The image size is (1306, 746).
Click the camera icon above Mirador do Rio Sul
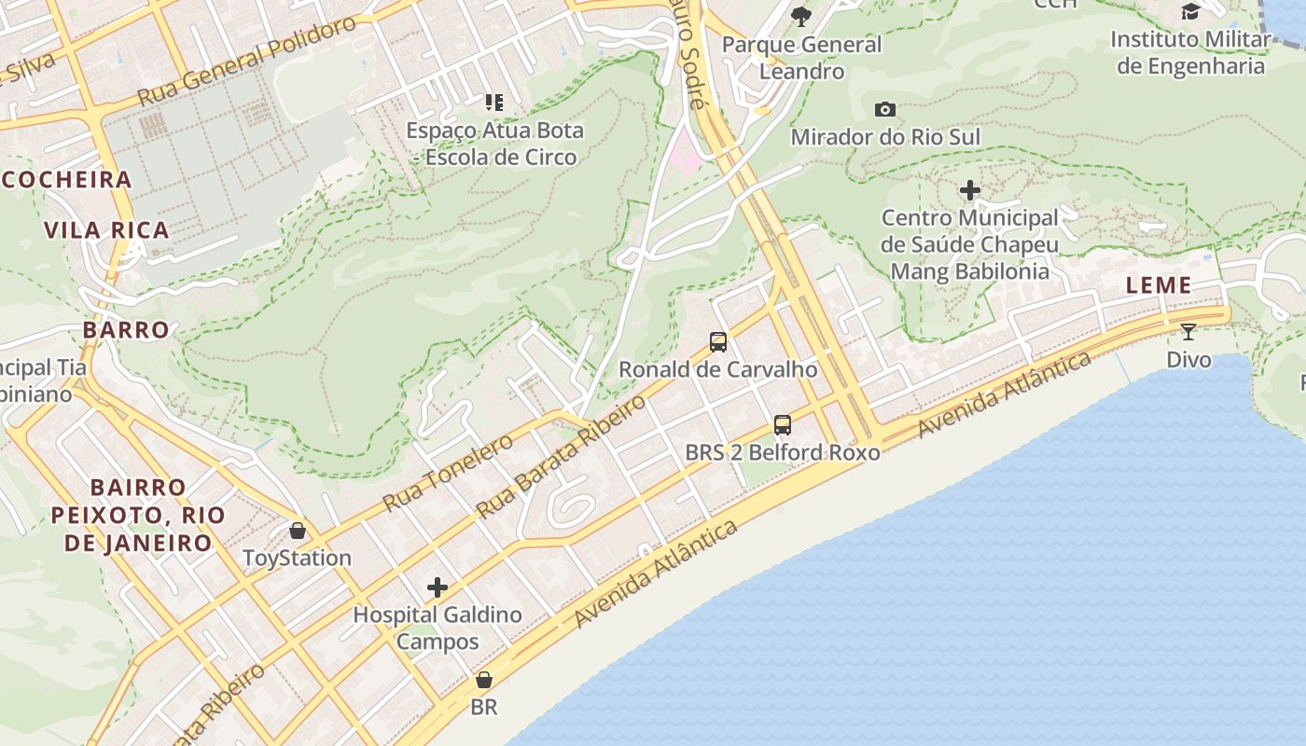885,110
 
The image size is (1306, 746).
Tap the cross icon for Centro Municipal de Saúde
970,191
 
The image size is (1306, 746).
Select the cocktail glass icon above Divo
1188,331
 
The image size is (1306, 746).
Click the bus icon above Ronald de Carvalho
718,342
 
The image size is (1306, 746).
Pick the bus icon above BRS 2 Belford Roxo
783,425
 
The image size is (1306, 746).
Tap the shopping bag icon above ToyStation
298,531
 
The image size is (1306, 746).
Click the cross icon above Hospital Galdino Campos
438,587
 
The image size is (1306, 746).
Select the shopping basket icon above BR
483,680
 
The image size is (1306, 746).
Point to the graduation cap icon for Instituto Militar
1191,11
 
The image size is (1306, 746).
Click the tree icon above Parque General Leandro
801,16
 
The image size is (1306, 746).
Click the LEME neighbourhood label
1159,285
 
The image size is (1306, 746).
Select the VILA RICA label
107,230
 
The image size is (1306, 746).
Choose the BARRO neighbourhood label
126,330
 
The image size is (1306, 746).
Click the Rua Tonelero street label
448,473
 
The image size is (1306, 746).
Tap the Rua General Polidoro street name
246,61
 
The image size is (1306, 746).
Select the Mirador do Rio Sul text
885,138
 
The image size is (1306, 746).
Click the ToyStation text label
297,559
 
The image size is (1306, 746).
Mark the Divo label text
1188,360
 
